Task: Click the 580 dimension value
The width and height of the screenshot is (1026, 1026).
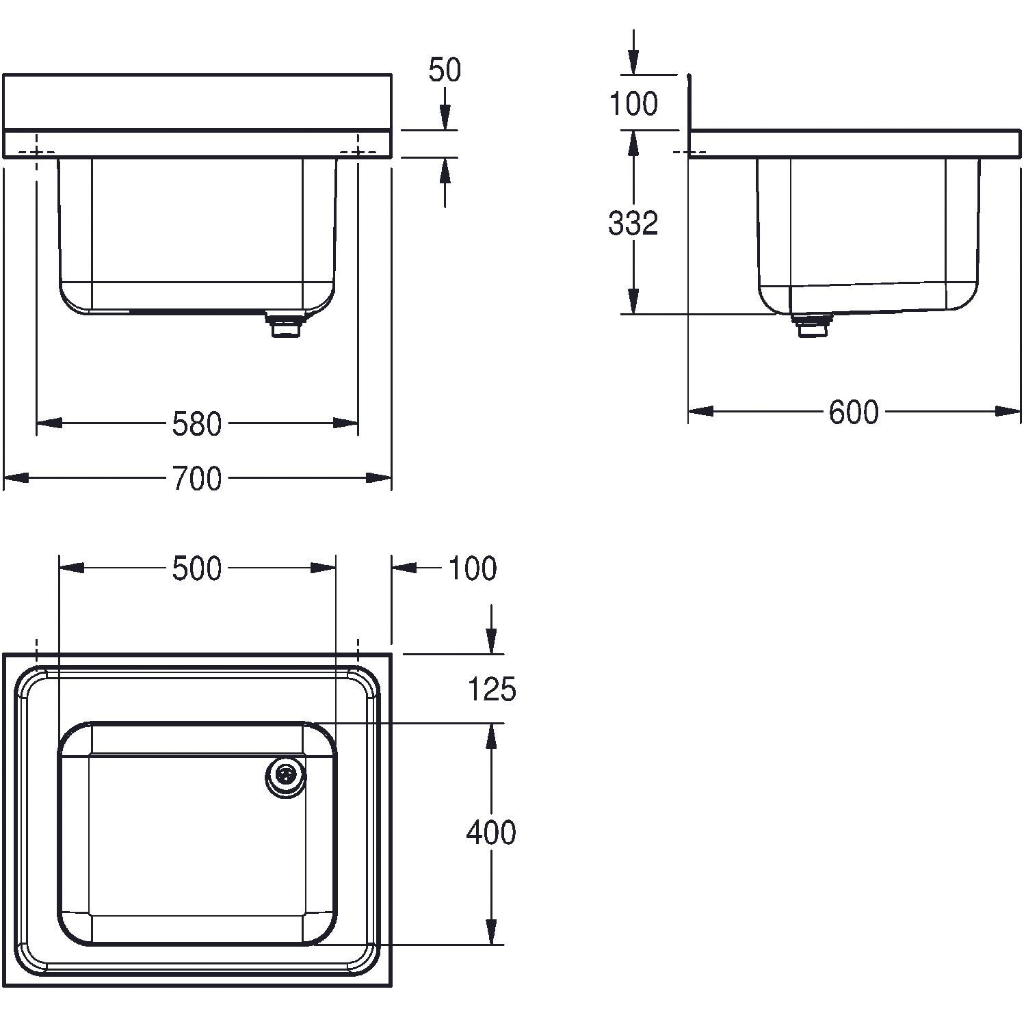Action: (x=196, y=424)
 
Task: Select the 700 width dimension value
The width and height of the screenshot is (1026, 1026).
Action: (x=196, y=479)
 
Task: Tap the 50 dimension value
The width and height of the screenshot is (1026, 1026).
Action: (x=445, y=70)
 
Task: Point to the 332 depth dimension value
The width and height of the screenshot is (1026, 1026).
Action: (x=633, y=223)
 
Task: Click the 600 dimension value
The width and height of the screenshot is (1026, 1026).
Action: (x=854, y=412)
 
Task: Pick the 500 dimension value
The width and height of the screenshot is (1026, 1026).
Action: (x=197, y=568)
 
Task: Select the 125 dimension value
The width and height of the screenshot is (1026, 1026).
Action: (x=491, y=689)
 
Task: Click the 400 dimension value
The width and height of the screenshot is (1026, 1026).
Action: (x=491, y=832)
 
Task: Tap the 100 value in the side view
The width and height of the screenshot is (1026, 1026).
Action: (x=633, y=104)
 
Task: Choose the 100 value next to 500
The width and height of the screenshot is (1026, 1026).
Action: (x=473, y=568)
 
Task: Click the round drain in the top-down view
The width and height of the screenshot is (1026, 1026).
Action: (x=286, y=776)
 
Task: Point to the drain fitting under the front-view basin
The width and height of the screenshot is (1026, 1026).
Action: (x=287, y=324)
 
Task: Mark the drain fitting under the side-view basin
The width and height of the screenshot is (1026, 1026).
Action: (x=812, y=324)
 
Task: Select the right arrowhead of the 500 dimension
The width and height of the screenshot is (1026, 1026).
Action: (x=323, y=568)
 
